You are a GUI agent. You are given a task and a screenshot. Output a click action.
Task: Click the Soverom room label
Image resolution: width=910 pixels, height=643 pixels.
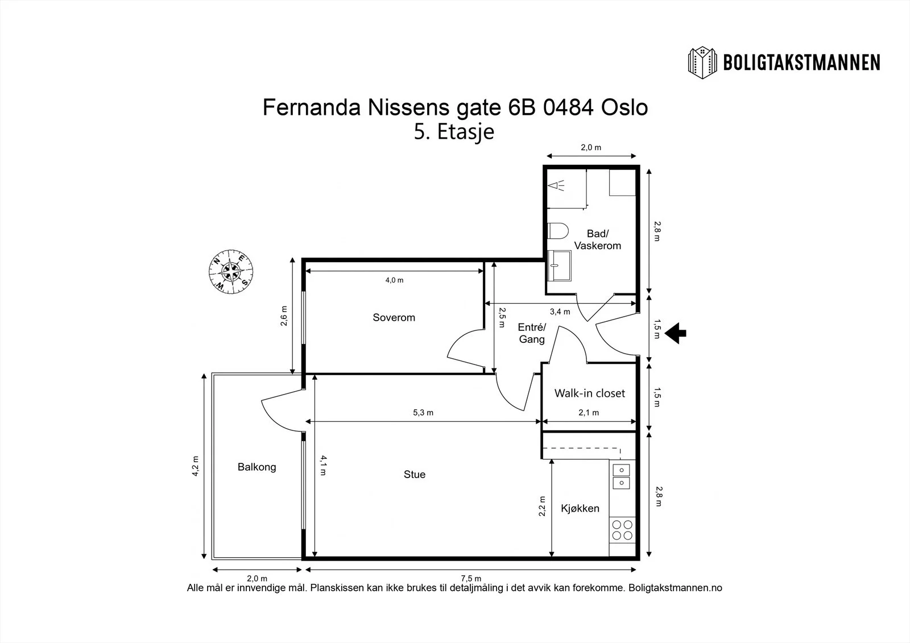394,317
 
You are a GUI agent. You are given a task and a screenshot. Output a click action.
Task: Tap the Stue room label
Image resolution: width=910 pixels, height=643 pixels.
415,474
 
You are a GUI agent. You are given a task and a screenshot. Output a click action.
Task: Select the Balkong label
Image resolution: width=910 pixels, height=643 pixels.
257,467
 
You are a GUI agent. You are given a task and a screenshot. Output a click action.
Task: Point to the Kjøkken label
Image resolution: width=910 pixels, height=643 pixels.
580,508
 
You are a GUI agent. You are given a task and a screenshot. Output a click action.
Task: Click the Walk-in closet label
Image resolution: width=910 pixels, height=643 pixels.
589,393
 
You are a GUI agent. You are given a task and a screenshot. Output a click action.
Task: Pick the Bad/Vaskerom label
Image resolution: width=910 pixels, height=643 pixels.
598,239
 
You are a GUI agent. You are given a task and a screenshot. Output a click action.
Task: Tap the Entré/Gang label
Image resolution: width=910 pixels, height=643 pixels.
532,333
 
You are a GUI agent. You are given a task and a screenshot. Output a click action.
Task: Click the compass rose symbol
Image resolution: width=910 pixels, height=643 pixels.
231,271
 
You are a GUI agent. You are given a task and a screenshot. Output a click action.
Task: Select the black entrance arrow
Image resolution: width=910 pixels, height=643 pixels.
675,333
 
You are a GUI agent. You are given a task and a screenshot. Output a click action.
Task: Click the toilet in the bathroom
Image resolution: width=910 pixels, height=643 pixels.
557,231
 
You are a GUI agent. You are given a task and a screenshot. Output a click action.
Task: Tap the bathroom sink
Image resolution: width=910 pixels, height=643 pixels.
559,266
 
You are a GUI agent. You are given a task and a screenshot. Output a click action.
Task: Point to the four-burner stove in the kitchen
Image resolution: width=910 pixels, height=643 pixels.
622,530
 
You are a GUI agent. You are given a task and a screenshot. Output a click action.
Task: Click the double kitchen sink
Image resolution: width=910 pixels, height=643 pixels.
621,476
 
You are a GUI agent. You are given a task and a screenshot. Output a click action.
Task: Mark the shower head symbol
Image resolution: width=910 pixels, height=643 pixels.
556,186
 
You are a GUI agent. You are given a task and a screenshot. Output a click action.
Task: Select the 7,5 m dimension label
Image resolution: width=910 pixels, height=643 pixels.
471,578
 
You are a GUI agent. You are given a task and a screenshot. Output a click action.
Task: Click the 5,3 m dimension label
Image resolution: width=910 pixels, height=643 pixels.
423,412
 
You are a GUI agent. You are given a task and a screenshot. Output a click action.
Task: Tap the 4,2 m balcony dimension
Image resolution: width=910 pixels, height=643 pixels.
196,466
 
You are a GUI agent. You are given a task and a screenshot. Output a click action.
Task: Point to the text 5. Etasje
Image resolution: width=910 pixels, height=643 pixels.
454,131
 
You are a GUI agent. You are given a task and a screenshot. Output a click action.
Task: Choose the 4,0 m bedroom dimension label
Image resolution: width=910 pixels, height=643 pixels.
395,280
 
